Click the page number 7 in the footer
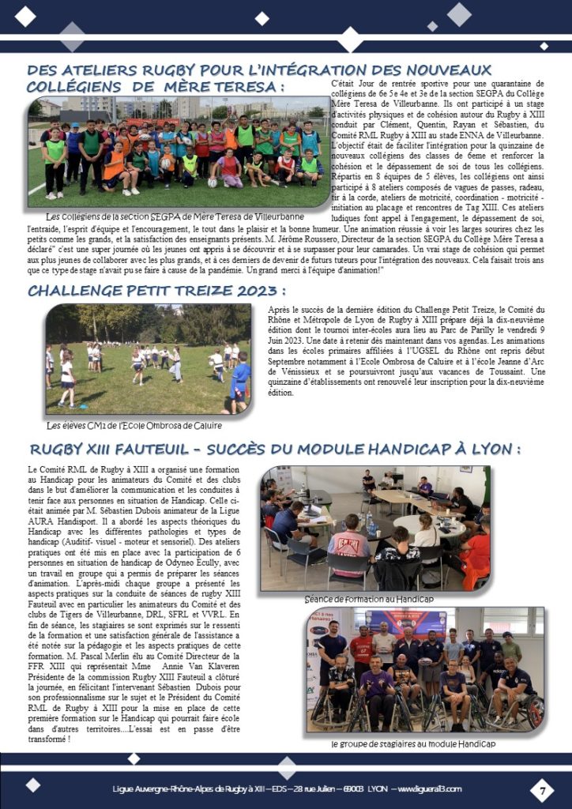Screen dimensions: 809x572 543,789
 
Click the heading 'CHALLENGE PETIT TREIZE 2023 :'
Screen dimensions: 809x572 156,291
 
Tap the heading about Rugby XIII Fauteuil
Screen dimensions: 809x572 275,449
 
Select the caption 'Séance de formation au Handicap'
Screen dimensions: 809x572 369,599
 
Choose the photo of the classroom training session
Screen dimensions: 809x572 374,528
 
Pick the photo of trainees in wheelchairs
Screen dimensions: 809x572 426,670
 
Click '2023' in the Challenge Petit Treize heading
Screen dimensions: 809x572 253,291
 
